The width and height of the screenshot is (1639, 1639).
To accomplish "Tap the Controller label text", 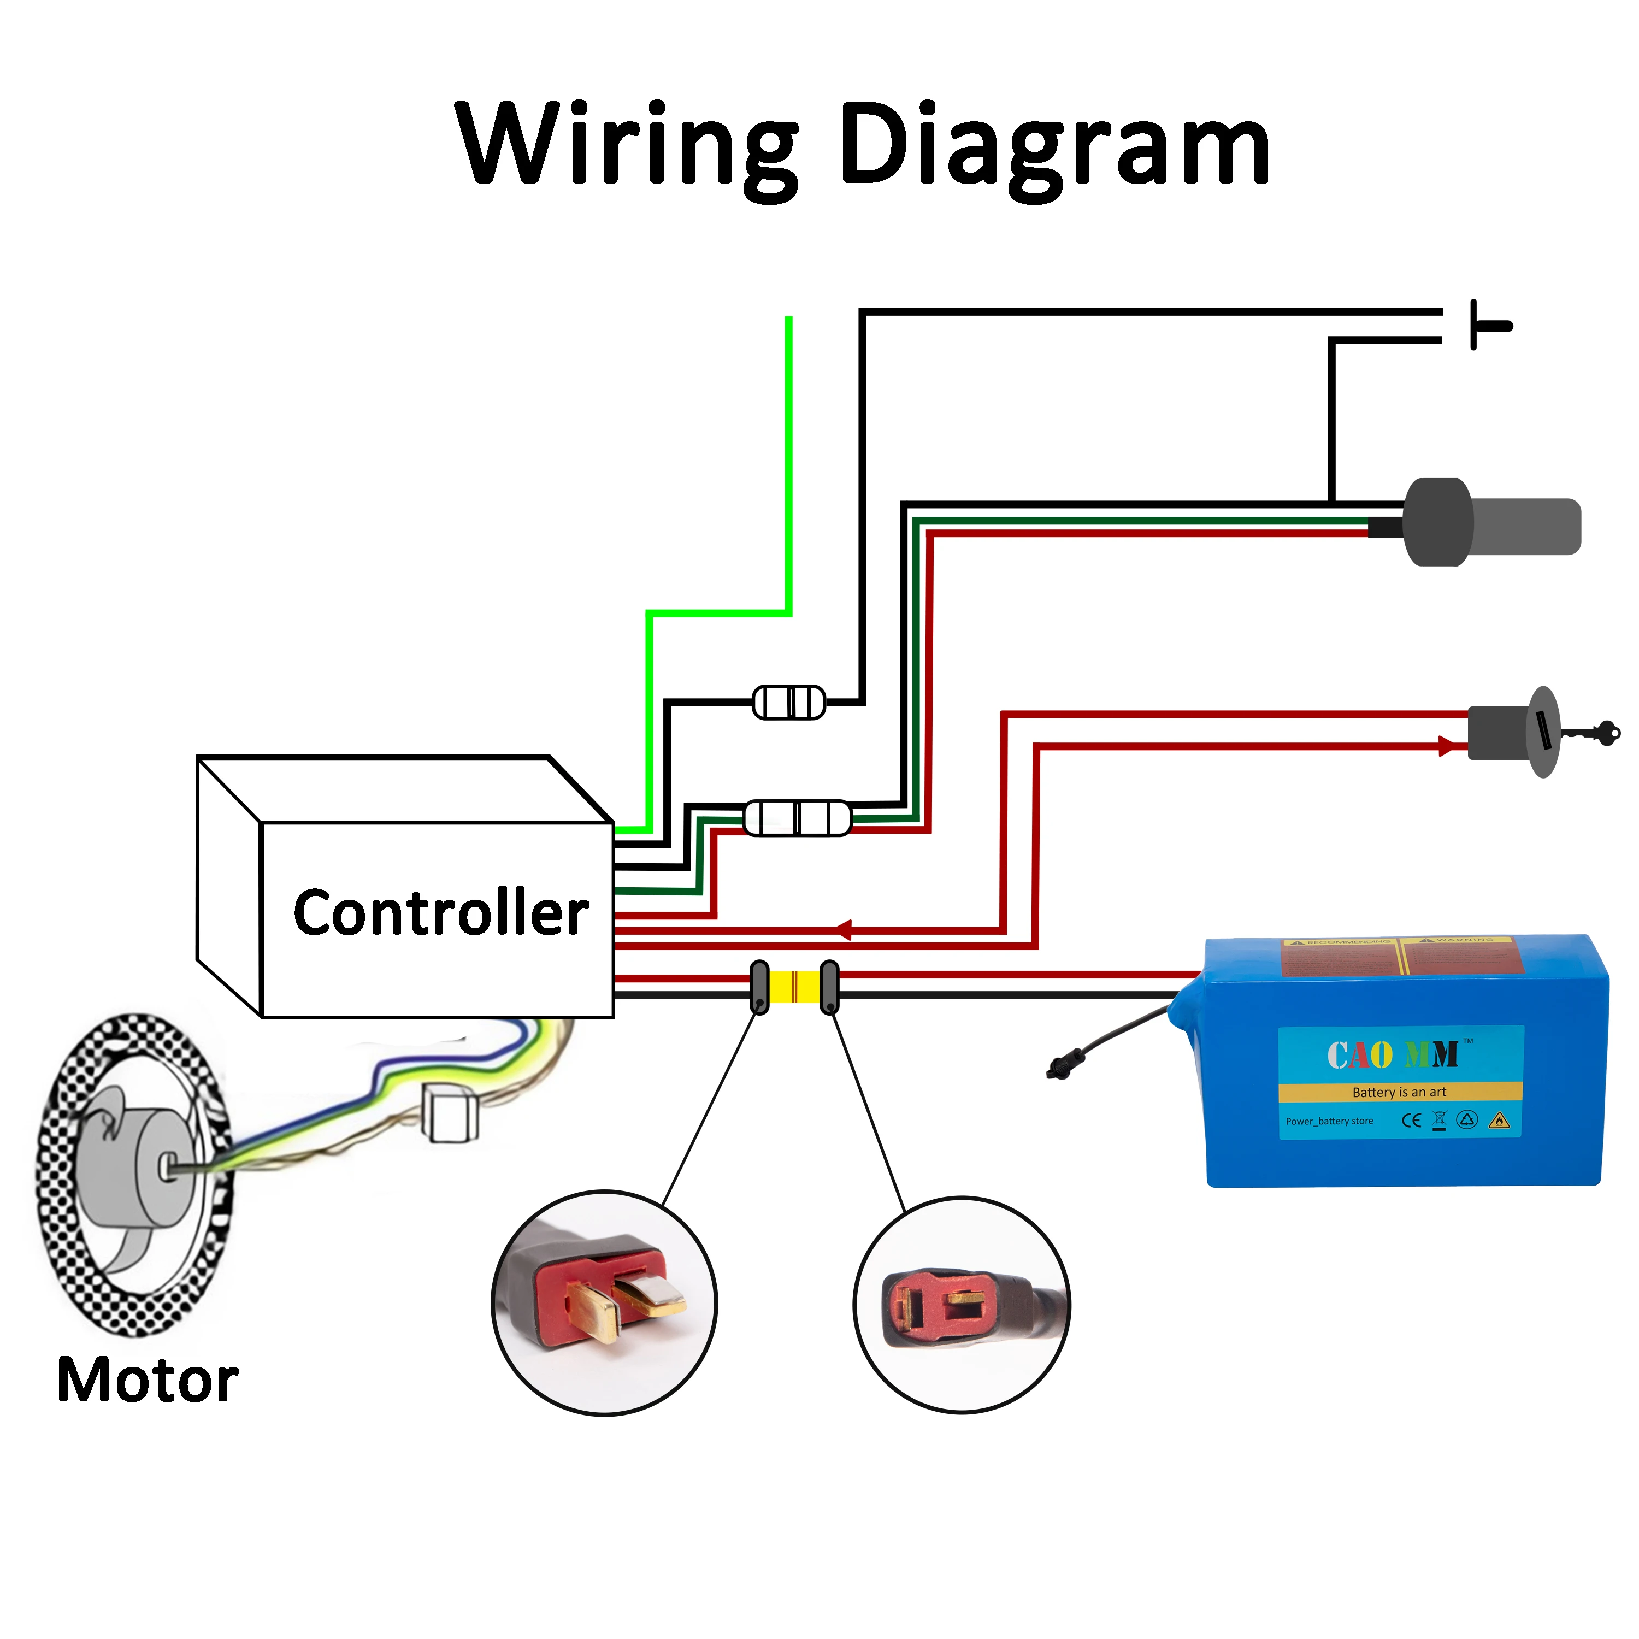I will pos(440,913).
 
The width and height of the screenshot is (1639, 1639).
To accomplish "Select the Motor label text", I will pos(148,1380).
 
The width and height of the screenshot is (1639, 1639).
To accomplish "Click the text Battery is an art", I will pos(1399,1093).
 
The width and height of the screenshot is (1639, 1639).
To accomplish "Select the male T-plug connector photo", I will pos(604,1302).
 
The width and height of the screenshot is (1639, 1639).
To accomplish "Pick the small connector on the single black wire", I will pos(789,703).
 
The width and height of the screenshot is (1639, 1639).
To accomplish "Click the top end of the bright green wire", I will pos(789,320).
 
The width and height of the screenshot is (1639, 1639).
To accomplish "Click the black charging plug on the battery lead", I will pos(1057,1068).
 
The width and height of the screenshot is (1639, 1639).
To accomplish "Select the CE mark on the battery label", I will pos(1411,1121).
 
